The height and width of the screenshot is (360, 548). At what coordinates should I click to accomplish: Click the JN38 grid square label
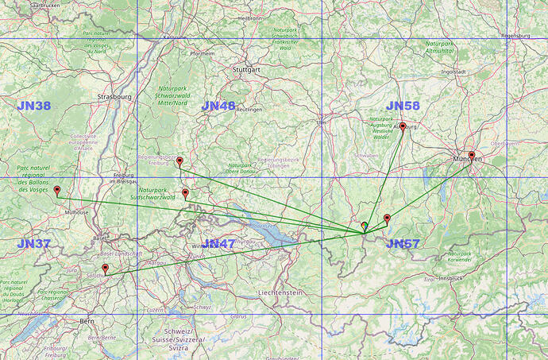(33, 106)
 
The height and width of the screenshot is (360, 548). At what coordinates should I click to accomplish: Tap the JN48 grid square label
(218, 106)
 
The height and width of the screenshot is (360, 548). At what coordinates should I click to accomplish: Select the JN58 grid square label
(403, 106)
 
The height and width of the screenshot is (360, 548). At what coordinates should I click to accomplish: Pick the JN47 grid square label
(219, 244)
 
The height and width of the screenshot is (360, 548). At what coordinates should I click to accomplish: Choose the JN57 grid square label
(403, 244)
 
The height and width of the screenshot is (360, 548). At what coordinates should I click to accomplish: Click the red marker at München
(472, 156)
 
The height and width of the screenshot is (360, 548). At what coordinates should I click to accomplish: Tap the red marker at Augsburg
(403, 126)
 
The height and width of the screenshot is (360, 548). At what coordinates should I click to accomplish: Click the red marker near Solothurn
(105, 269)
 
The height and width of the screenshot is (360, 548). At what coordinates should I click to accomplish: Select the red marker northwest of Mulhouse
(56, 190)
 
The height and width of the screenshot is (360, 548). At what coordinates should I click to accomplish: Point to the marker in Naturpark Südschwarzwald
(185, 192)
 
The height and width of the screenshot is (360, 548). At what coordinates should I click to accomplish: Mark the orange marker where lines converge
(364, 226)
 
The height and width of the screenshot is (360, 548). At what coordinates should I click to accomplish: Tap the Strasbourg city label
(113, 97)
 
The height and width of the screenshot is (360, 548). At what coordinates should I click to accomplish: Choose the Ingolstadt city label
(453, 72)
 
